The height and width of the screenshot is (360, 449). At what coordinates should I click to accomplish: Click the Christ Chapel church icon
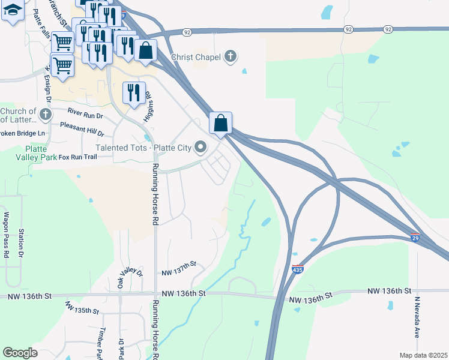coord(229,58)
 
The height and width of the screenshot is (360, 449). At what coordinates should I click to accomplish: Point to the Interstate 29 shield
coord(415,238)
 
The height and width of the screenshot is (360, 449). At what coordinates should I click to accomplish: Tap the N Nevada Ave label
coord(417,317)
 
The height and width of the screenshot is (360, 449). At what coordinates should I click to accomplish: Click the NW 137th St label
coord(179,273)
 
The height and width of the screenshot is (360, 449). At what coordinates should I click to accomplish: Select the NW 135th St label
coord(82,310)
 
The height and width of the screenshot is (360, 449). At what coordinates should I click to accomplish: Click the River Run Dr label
coord(86,112)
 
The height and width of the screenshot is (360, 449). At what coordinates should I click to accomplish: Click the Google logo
coord(20,353)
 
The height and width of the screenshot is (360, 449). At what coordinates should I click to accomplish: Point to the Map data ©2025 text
coord(423,355)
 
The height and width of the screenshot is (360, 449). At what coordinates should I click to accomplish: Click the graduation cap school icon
coord(13,10)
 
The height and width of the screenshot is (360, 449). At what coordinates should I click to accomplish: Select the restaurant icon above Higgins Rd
coord(134,92)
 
